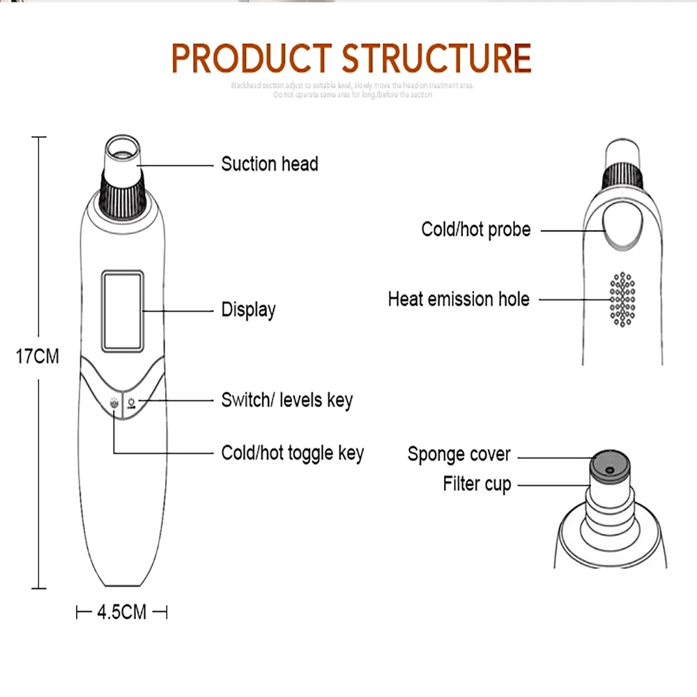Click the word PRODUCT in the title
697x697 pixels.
click(x=251, y=59)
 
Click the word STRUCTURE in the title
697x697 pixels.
click(x=436, y=59)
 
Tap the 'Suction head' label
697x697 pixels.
click(x=269, y=164)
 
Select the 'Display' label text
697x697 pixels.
click(x=248, y=309)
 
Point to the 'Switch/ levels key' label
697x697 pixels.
click(x=286, y=400)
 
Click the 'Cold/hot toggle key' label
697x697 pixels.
click(x=292, y=453)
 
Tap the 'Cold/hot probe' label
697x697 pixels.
click(x=475, y=229)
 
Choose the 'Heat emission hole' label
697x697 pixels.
click(x=458, y=300)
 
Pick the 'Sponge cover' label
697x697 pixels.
click(x=459, y=454)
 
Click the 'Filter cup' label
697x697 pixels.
click(x=477, y=483)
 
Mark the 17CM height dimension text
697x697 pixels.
click(x=38, y=357)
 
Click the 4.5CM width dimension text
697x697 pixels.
click(x=121, y=613)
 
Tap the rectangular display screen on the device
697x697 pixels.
click(x=123, y=311)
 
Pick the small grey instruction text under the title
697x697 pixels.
click(x=352, y=90)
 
